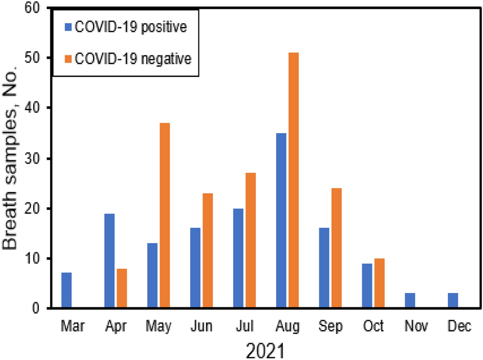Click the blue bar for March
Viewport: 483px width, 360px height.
66,290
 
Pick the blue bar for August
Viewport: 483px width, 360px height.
280,221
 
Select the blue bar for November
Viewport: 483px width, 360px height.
409,301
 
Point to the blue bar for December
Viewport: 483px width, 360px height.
452,301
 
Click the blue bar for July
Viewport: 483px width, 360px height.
237,258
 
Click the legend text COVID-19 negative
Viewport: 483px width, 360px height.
133,59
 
